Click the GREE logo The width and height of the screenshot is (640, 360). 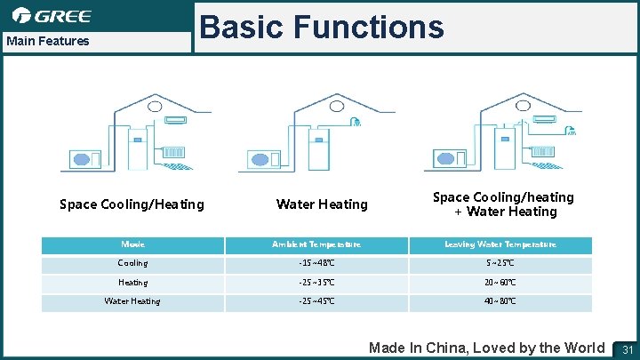click(x=52, y=16)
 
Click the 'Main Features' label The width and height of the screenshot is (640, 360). click(x=48, y=41)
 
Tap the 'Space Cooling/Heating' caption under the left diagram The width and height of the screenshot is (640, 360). click(x=132, y=204)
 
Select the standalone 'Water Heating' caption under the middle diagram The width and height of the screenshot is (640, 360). click(x=322, y=204)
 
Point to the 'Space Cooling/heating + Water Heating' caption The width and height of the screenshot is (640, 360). click(x=503, y=204)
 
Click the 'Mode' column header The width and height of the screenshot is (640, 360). click(x=132, y=244)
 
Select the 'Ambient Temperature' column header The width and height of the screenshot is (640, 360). click(x=316, y=244)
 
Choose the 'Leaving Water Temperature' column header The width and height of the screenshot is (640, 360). click(x=500, y=244)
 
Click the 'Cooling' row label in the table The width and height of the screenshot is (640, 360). click(x=132, y=264)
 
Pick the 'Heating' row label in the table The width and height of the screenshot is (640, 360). click(x=132, y=283)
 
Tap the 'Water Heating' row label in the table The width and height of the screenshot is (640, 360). click(x=132, y=301)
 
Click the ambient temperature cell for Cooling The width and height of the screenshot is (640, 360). click(x=316, y=264)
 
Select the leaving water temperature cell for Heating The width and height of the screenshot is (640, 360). click(x=500, y=283)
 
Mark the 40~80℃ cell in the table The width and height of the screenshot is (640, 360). click(x=500, y=301)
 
